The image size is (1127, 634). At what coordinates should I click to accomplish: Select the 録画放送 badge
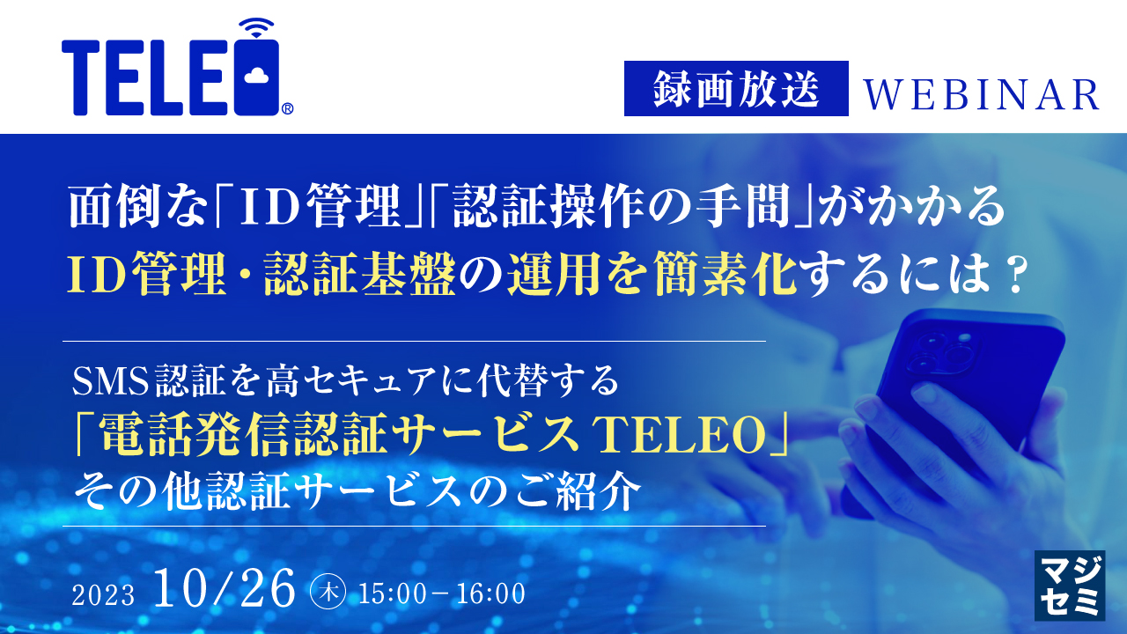point(736,89)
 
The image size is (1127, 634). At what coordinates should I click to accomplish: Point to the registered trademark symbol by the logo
point(288,109)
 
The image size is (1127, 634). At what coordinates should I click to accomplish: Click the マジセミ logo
point(1069,586)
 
